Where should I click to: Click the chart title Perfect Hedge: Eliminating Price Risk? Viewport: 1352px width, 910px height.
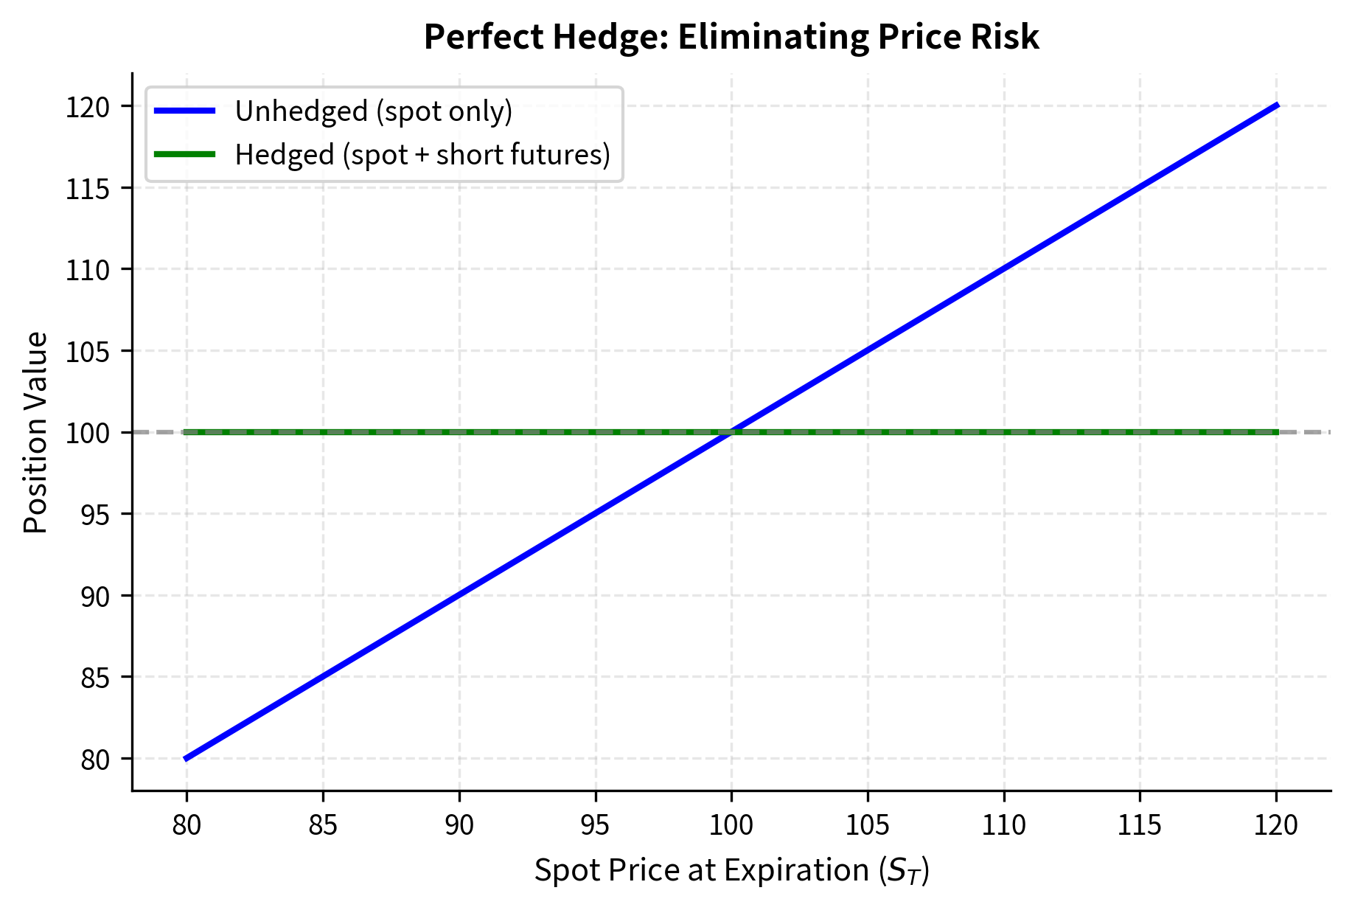pyautogui.click(x=731, y=37)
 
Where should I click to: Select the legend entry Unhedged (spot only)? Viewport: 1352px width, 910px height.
pyautogui.click(x=373, y=111)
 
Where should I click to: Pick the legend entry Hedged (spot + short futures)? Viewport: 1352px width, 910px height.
pyautogui.click(x=422, y=155)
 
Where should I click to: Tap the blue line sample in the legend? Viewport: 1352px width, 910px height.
pyautogui.click(x=184, y=111)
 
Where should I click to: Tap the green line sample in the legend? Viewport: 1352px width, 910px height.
pyautogui.click(x=184, y=154)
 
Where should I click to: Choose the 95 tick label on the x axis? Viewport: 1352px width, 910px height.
pyautogui.click(x=595, y=824)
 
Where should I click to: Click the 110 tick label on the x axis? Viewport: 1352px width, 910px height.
pyautogui.click(x=1003, y=824)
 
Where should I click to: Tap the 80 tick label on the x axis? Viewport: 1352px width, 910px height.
pyautogui.click(x=187, y=824)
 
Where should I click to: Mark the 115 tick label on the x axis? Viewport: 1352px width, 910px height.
pyautogui.click(x=1140, y=824)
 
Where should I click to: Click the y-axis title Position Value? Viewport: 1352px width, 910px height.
pyautogui.click(x=35, y=432)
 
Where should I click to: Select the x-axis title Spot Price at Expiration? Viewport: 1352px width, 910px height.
pyautogui.click(x=731, y=871)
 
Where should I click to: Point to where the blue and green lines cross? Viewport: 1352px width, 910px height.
pyautogui.click(x=731, y=432)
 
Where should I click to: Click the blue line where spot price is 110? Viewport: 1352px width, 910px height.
pyautogui.click(x=1003, y=269)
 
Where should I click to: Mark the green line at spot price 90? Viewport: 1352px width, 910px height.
pyautogui.click(x=459, y=432)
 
